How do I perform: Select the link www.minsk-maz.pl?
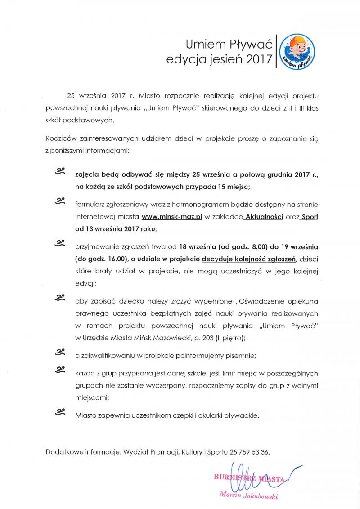(171, 217)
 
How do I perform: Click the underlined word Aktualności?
(263, 217)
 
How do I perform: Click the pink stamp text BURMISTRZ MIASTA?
(248, 479)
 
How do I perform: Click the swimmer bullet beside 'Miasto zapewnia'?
(60, 411)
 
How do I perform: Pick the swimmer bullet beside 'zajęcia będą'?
(60, 171)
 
